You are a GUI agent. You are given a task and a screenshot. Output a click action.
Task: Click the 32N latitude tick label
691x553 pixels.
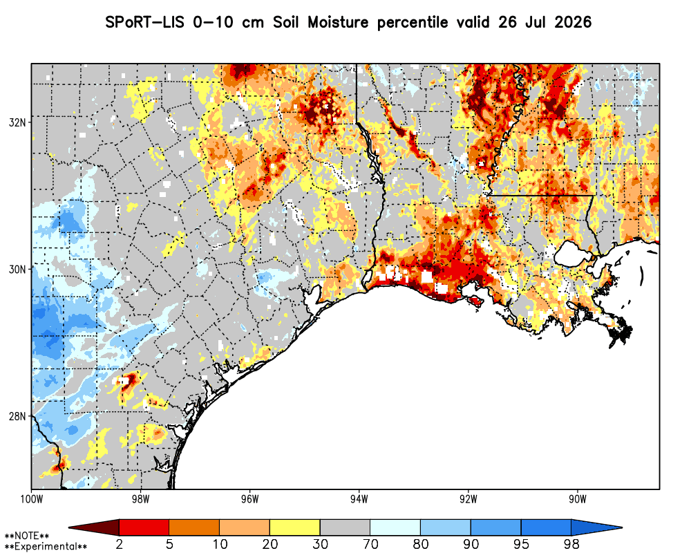17,122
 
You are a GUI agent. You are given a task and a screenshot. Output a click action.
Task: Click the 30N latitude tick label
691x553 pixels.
17,269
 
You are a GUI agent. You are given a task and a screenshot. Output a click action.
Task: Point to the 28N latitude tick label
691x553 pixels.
17,416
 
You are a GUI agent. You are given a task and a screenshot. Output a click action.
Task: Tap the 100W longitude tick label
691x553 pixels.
31,499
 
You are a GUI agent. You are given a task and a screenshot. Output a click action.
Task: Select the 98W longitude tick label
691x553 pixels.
140,499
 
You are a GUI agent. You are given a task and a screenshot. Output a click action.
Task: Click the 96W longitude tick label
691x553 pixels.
250,499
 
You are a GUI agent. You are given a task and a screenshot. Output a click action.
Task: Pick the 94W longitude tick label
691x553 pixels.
359,499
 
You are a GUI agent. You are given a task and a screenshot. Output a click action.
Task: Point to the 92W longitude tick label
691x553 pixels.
468,499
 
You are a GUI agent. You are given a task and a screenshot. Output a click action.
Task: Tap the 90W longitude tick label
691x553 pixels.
578,499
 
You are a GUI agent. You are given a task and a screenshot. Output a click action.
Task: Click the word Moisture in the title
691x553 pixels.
338,22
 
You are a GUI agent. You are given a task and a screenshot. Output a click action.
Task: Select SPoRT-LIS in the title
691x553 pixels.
144,22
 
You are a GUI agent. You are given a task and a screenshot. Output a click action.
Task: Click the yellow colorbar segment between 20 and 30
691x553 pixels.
295,527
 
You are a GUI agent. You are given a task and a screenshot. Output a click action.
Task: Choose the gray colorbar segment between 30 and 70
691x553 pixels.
345,527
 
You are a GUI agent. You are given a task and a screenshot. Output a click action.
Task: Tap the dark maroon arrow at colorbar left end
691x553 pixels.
94,527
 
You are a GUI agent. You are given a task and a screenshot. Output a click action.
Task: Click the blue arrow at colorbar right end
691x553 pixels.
597,527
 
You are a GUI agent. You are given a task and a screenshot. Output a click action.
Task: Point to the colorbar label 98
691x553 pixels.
571,544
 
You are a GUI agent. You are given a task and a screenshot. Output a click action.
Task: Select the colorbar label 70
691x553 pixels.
370,544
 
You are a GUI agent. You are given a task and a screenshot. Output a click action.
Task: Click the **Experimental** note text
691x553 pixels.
46,547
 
